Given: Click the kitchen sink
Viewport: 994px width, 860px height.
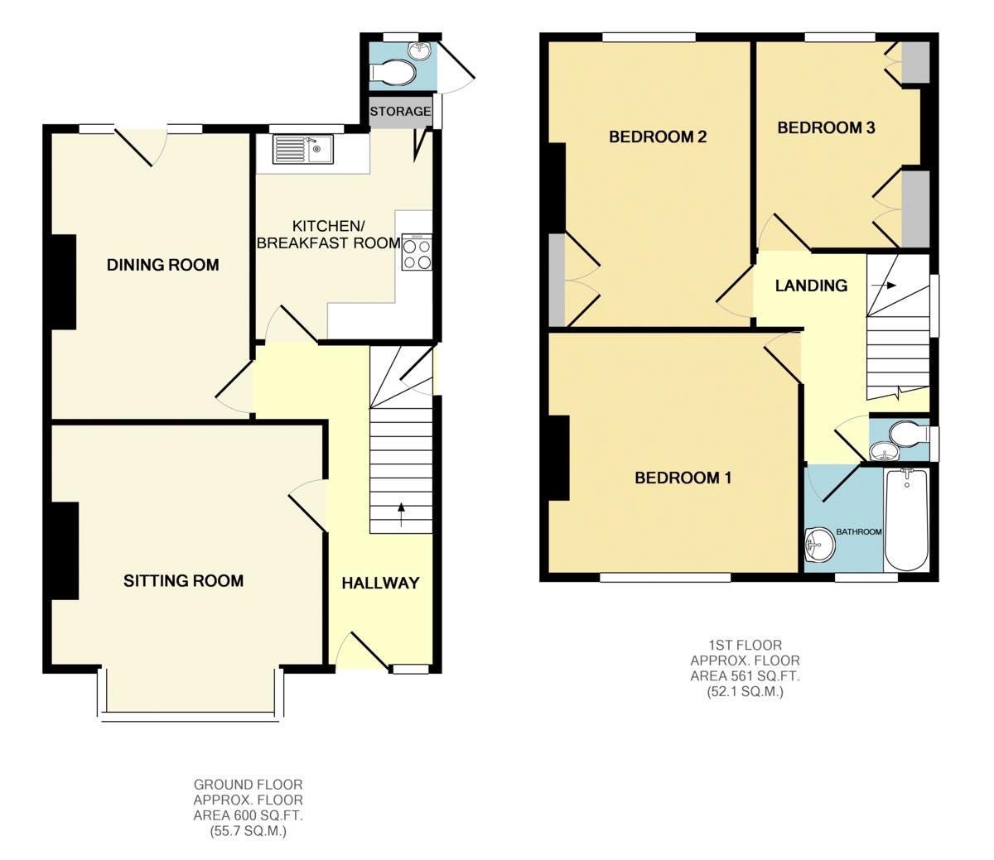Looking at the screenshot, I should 302,150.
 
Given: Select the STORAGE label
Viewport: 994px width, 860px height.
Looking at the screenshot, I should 400,111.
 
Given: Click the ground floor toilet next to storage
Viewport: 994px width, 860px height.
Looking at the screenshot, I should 393,74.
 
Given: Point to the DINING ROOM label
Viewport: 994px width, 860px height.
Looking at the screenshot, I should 163,265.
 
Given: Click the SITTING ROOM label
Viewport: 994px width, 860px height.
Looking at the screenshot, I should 183,580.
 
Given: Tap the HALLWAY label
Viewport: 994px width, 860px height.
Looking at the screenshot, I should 380,583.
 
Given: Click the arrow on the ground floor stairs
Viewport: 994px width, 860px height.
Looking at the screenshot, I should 403,514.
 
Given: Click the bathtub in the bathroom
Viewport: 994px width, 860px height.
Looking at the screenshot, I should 908,520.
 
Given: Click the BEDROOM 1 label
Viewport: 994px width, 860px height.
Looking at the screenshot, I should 683,478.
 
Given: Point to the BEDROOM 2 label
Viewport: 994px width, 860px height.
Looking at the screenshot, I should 658,137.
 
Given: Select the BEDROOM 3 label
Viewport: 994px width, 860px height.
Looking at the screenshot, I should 826,127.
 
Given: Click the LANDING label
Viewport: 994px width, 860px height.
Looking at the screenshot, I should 811,286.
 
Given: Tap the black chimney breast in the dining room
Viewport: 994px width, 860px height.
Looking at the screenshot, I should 64,281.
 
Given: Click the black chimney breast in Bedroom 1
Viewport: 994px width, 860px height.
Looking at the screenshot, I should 557,458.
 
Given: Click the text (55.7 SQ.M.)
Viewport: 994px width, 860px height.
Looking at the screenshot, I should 248,831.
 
